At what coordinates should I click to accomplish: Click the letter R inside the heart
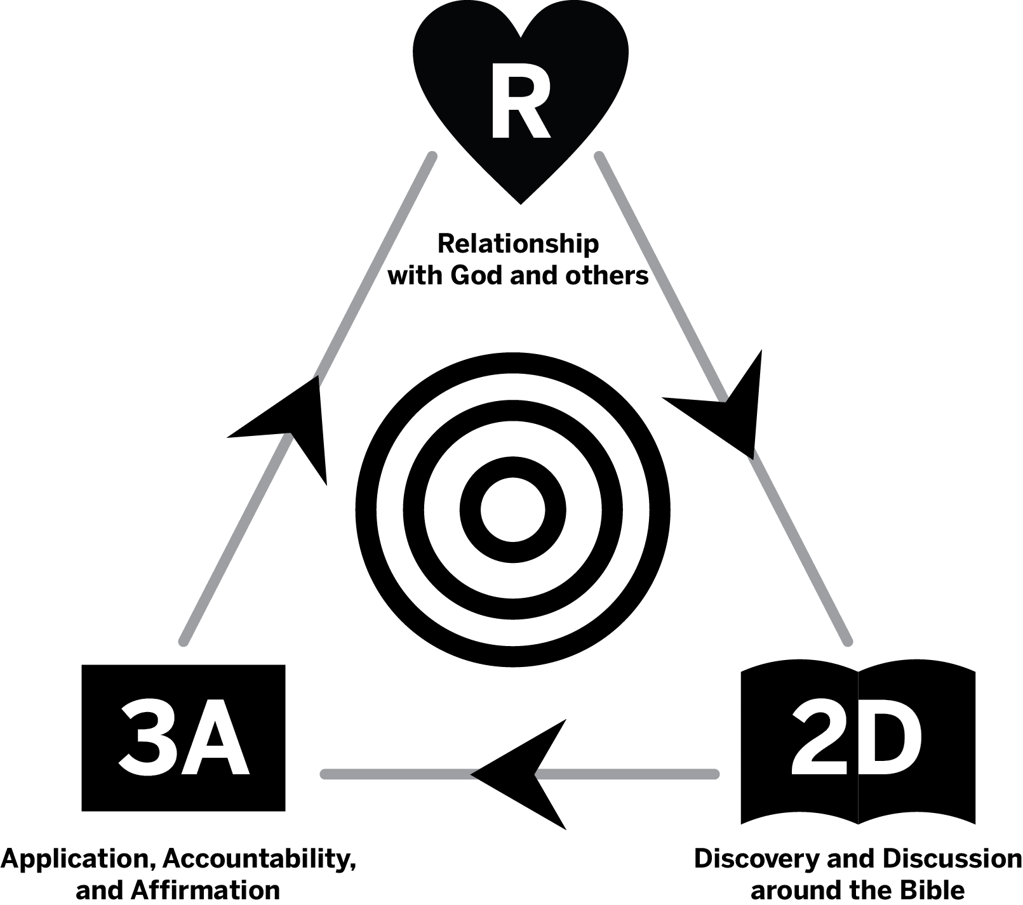click(x=519, y=106)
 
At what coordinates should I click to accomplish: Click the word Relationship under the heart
click(x=518, y=244)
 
